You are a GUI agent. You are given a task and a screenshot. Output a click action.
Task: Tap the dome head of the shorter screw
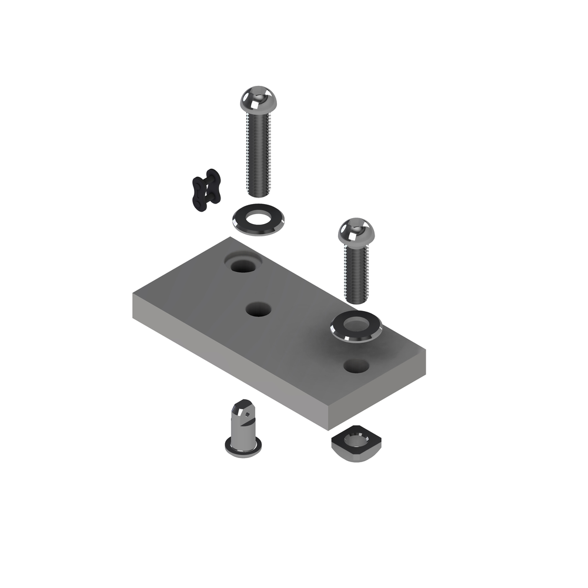[356, 231]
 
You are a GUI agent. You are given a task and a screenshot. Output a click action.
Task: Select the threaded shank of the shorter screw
[356, 273]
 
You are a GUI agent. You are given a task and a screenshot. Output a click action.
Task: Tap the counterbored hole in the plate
[243, 266]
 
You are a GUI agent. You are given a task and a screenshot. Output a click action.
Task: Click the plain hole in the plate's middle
[258, 309]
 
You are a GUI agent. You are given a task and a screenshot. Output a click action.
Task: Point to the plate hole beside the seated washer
[356, 366]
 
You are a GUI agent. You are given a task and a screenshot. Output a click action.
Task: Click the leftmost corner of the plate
[134, 294]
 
